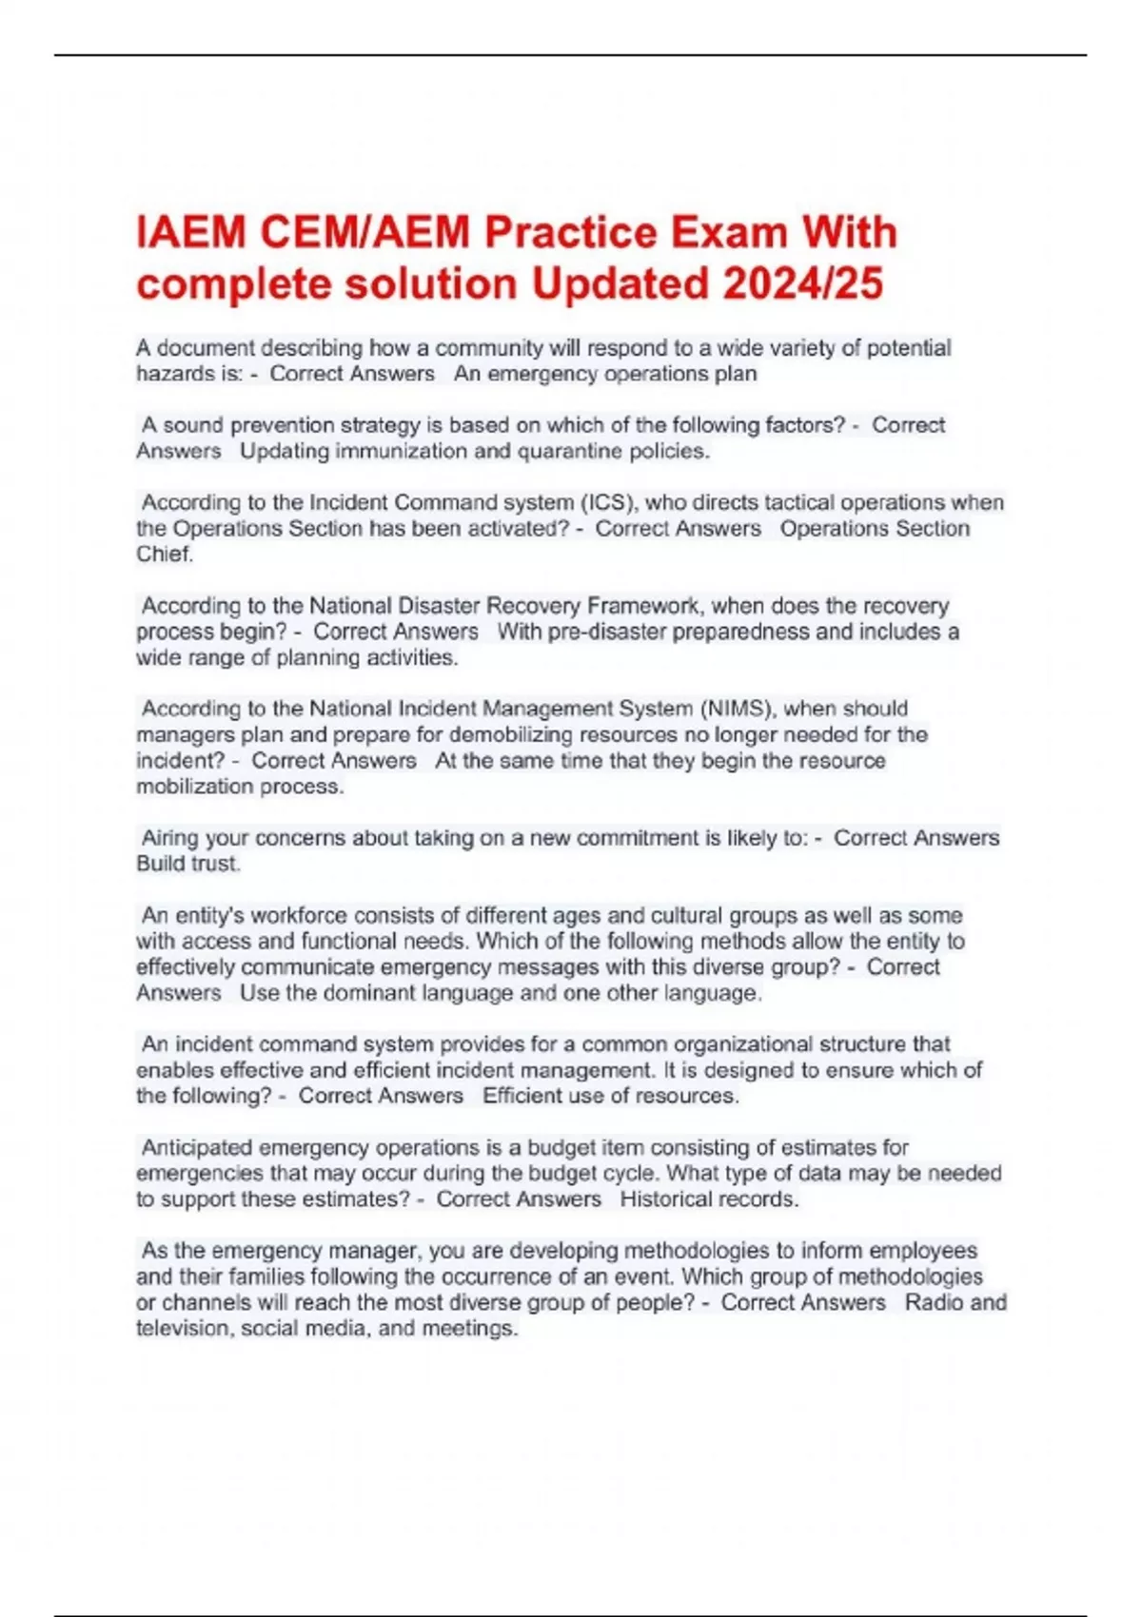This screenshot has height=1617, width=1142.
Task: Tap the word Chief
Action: click(165, 554)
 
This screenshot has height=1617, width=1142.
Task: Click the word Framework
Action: click(643, 606)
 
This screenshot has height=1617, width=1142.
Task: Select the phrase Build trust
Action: click(188, 864)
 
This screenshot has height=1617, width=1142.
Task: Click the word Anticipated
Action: click(197, 1147)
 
